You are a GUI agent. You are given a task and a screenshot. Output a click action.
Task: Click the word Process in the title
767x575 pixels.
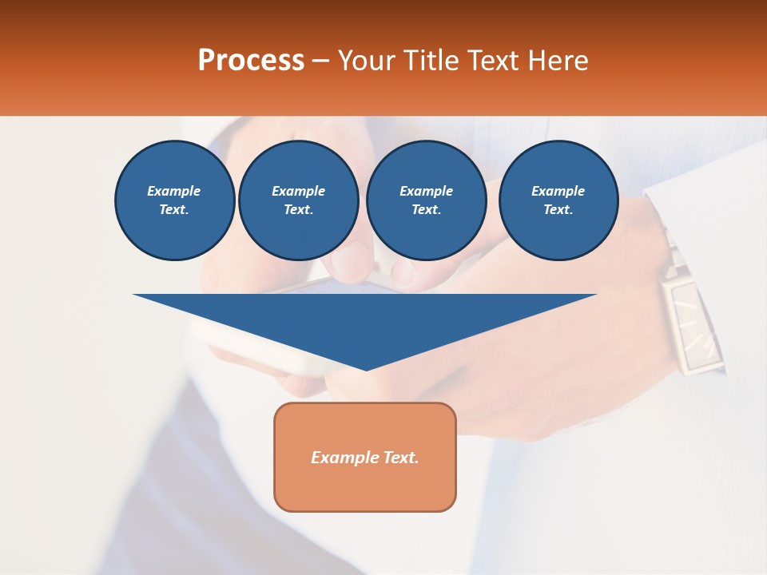coord(251,61)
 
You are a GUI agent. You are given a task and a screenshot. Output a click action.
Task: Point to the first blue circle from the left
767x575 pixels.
coord(175,200)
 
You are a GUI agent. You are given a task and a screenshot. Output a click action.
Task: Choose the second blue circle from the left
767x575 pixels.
coord(299,200)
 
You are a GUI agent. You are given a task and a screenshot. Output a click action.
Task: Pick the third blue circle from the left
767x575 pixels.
coord(427,200)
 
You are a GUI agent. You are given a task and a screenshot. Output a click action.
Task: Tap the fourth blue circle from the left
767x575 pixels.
coord(558,200)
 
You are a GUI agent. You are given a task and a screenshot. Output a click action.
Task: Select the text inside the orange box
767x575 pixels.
coord(365,458)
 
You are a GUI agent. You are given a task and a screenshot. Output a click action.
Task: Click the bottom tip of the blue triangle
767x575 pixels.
coord(366,368)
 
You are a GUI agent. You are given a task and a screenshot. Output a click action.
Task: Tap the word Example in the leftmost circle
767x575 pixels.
coord(174,191)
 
